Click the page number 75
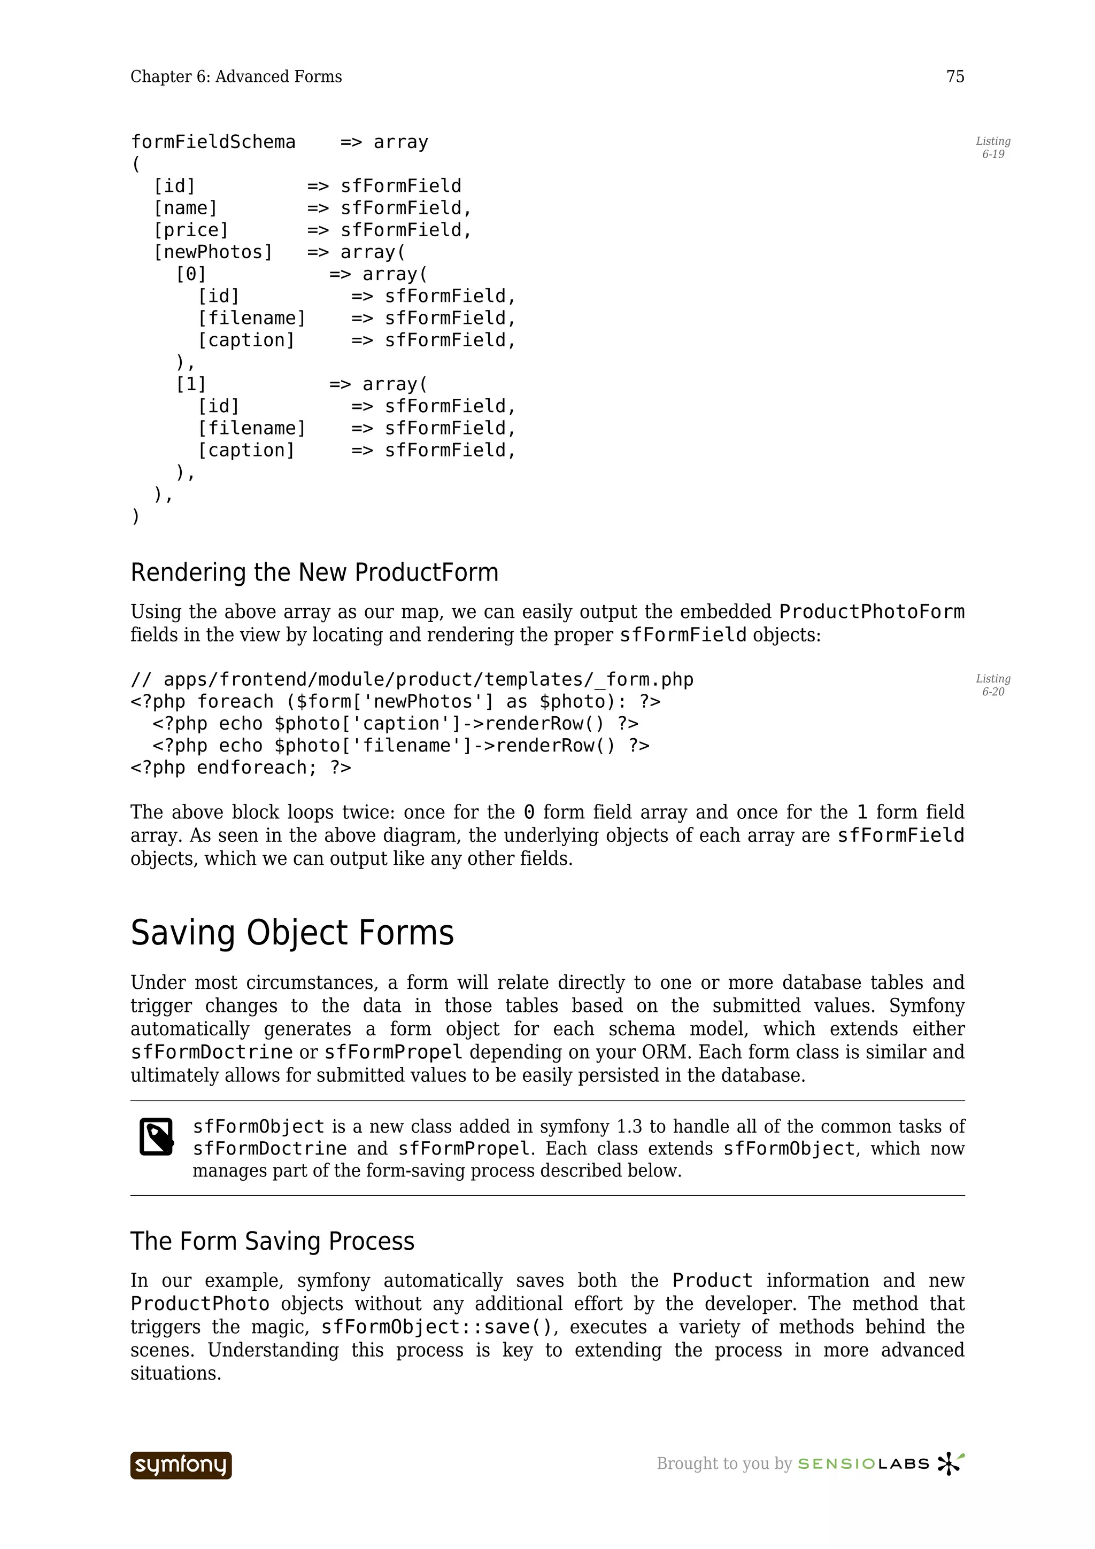pyautogui.click(x=955, y=77)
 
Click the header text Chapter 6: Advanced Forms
pyautogui.click(x=236, y=77)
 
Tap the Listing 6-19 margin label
pyautogui.click(x=992, y=148)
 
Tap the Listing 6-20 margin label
pyautogui.click(x=992, y=685)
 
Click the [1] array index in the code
pyautogui.click(x=191, y=384)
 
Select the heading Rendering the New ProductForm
pyautogui.click(x=314, y=573)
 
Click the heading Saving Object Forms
pyautogui.click(x=292, y=933)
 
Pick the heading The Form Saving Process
pyautogui.click(x=273, y=1241)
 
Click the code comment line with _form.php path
pyautogui.click(x=412, y=679)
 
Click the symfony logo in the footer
pyautogui.click(x=181, y=1465)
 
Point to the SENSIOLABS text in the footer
pyautogui.click(x=863, y=1464)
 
